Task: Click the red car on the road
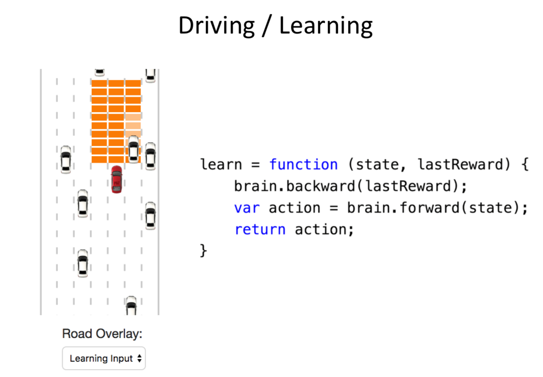click(117, 179)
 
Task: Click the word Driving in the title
click(216, 26)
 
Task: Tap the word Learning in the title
click(326, 26)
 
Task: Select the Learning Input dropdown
click(104, 358)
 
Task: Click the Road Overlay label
click(102, 334)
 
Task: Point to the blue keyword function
click(303, 165)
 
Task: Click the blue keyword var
click(247, 208)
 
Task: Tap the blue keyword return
click(260, 229)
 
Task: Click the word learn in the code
click(221, 165)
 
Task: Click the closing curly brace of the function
click(203, 250)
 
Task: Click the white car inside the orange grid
click(133, 149)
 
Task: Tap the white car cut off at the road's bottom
click(131, 305)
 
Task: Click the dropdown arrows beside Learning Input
click(139, 358)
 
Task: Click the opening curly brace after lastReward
click(525, 165)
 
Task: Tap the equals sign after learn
click(255, 165)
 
